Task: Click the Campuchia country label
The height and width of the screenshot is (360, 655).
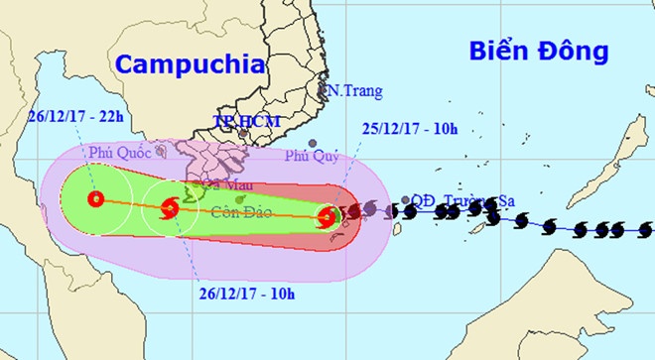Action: [191, 64]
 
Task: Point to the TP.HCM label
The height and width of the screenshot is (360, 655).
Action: [247, 122]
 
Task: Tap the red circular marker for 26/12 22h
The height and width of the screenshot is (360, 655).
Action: [95, 199]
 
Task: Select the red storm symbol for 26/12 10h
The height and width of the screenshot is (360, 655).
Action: [167, 208]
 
